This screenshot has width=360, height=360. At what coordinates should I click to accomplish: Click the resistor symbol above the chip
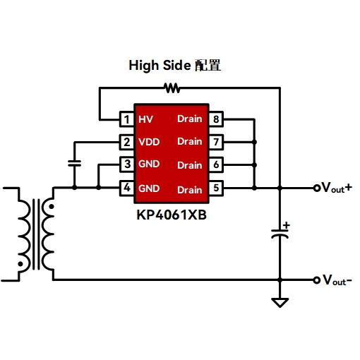click(172, 88)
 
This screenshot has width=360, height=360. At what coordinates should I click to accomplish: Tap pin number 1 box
click(127, 119)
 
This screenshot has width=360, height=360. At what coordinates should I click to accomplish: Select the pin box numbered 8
click(216, 119)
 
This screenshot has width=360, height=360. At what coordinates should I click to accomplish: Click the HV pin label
click(145, 119)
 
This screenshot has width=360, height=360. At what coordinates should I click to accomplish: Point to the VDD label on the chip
click(149, 142)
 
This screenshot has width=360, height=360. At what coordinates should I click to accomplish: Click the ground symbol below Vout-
click(280, 302)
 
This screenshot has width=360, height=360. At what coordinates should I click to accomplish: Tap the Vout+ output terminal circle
click(317, 188)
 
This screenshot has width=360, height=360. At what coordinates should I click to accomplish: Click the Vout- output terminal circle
click(317, 280)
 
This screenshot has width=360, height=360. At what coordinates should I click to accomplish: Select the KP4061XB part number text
click(172, 215)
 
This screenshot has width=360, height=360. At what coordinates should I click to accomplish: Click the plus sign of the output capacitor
click(287, 225)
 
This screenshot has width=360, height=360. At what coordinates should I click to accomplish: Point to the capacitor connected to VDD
click(74, 163)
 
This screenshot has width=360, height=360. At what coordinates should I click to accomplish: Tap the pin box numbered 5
click(216, 188)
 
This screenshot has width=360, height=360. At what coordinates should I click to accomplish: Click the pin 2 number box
click(127, 142)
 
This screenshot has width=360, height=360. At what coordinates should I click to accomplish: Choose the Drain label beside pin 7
click(190, 141)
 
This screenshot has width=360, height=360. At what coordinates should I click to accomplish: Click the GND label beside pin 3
click(149, 164)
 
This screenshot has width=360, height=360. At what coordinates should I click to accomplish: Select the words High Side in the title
click(160, 66)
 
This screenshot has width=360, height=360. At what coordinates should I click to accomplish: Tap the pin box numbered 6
click(216, 164)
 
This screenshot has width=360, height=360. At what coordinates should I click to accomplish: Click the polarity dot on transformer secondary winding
click(52, 207)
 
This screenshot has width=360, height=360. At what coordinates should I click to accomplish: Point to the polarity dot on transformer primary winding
click(20, 264)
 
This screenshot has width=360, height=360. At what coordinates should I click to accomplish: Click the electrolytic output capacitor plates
click(280, 234)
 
